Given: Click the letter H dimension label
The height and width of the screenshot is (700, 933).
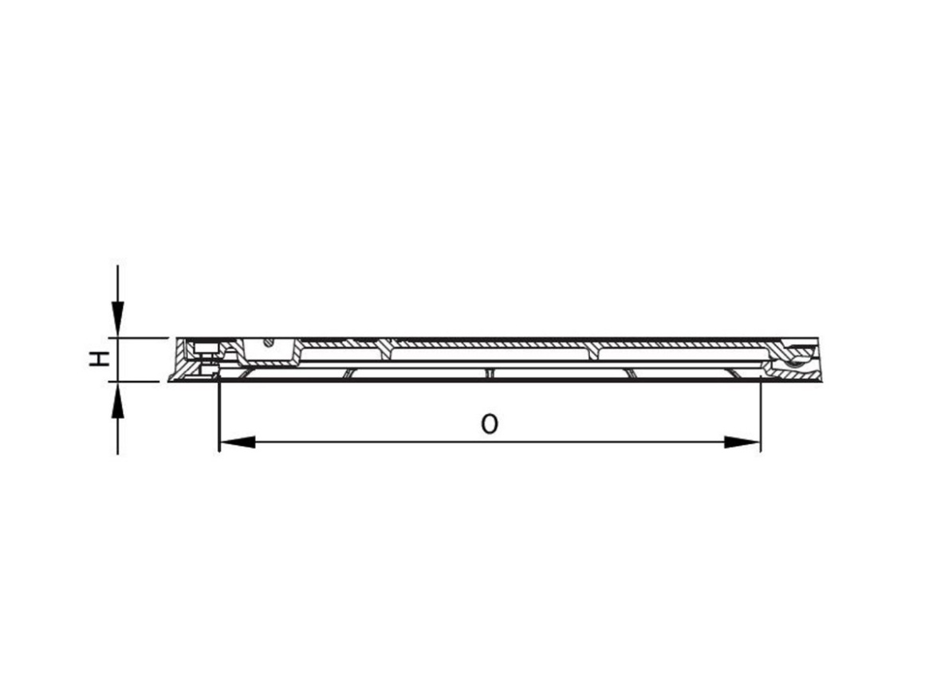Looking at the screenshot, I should [98, 360].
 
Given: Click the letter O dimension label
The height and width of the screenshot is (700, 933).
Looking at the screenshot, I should [489, 423].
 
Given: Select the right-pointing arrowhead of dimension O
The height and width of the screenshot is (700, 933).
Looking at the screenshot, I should [742, 442].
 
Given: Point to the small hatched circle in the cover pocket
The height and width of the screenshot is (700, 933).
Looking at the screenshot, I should [270, 344].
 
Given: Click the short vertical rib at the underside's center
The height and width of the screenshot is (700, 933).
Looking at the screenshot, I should [489, 373].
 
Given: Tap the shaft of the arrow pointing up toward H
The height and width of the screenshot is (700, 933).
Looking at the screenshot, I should [118, 431].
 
